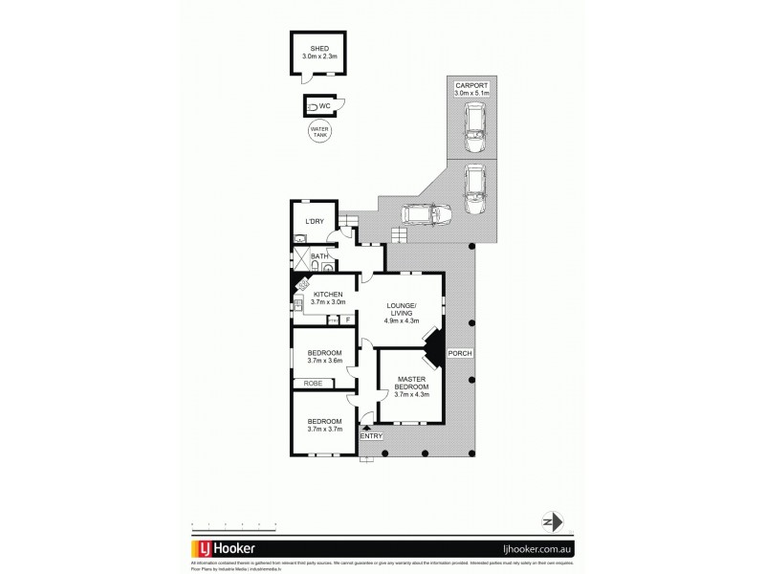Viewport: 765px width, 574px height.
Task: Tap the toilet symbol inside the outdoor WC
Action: pos(312,106)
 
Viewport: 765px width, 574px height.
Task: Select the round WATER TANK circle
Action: pos(317,133)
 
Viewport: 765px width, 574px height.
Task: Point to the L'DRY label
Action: pos(314,222)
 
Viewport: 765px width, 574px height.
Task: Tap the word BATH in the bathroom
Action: pos(319,256)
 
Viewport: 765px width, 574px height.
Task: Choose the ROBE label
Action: pos(312,384)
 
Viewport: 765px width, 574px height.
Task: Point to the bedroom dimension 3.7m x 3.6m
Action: pos(323,361)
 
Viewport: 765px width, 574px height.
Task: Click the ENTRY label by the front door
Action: pos(371,437)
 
